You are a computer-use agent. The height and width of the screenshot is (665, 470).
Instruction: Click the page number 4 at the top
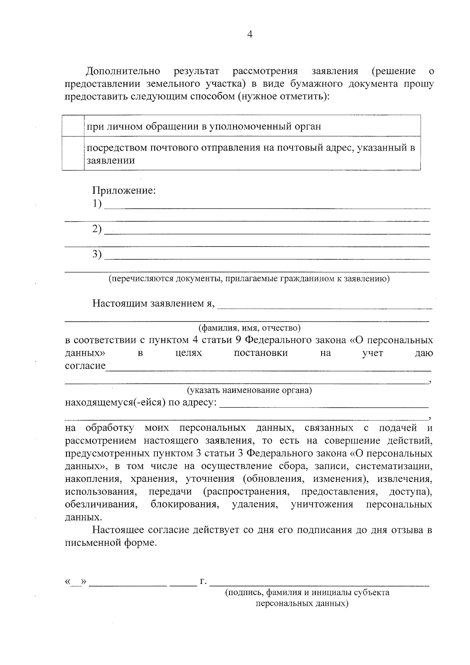pos(250,34)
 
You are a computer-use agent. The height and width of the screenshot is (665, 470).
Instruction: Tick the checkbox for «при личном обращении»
pos(73,126)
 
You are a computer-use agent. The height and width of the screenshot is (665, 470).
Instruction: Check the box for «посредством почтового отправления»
pos(73,154)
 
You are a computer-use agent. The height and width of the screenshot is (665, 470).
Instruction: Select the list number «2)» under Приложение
pos(97,229)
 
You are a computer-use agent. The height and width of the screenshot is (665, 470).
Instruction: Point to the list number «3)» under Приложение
pos(97,254)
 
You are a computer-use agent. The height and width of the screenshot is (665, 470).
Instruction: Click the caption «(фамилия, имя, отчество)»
pos(249,327)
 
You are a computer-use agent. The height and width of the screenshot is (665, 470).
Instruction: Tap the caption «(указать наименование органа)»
pos(249,390)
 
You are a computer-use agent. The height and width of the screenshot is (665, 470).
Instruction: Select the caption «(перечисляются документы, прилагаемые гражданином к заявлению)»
pos(249,279)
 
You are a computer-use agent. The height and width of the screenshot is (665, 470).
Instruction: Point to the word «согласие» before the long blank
pos(85,366)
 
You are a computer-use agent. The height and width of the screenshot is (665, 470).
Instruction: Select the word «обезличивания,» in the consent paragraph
pos(101,505)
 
